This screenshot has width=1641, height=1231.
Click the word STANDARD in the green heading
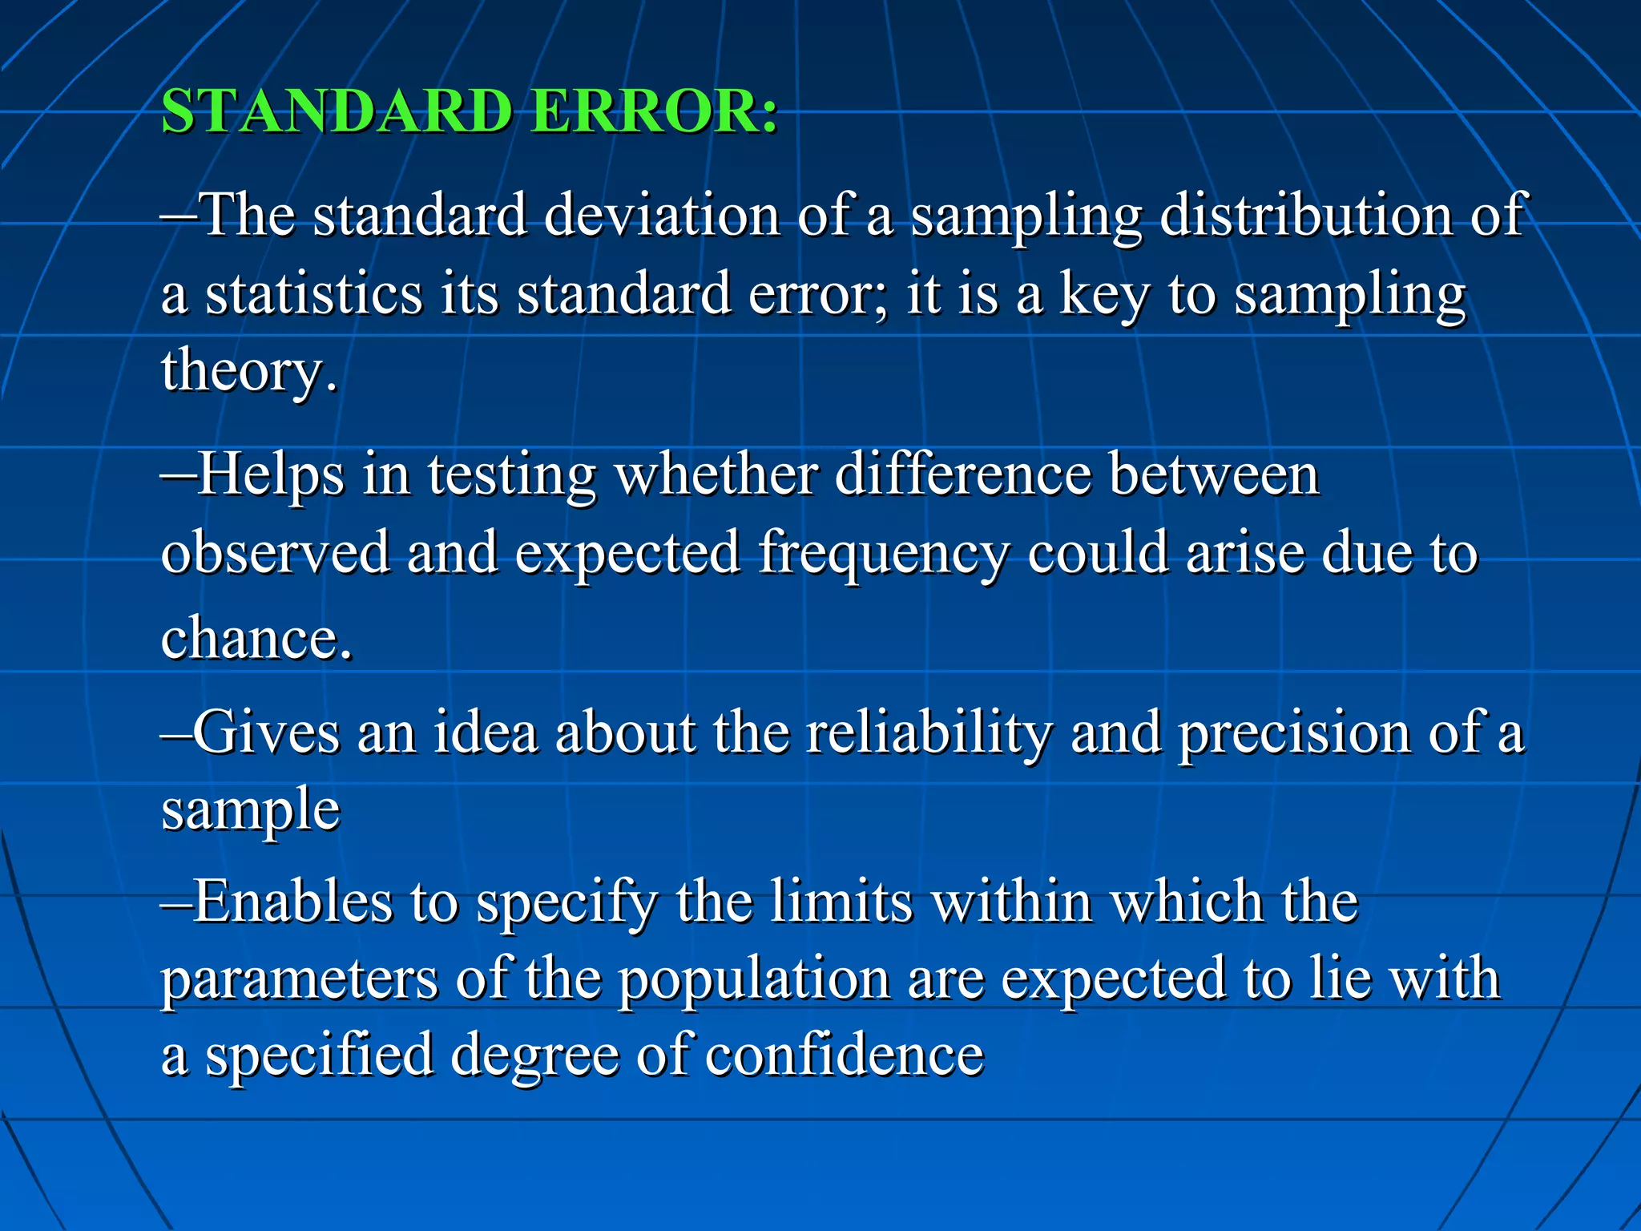[x=337, y=111]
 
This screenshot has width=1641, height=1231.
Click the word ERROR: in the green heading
[x=654, y=111]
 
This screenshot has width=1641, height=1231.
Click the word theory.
[x=248, y=370]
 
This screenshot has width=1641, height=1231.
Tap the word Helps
[x=271, y=474]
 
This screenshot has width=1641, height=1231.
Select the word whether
[x=716, y=474]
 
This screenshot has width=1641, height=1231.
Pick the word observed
[x=275, y=553]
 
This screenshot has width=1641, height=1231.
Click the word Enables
[x=292, y=902]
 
